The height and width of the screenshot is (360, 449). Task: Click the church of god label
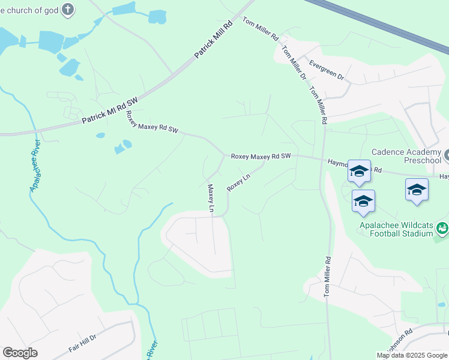28,10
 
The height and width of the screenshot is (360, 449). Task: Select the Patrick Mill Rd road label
213,41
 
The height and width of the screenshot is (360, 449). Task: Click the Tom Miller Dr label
294,64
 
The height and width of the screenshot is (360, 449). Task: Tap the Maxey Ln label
211,199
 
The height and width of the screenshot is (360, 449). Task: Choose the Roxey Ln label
238,183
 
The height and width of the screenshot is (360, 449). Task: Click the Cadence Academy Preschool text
406,157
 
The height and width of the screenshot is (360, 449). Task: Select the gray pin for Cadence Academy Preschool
447,157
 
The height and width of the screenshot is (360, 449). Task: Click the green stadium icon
442,228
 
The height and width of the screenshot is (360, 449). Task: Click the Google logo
20,353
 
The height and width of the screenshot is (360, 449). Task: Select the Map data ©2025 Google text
412,355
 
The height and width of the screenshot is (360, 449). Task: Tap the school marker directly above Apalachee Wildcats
363,202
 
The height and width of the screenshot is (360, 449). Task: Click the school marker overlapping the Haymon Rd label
359,171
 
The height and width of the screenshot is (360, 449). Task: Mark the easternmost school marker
417,190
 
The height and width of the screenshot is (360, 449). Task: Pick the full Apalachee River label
35,165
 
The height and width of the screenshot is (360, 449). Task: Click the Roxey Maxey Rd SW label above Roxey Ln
261,156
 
